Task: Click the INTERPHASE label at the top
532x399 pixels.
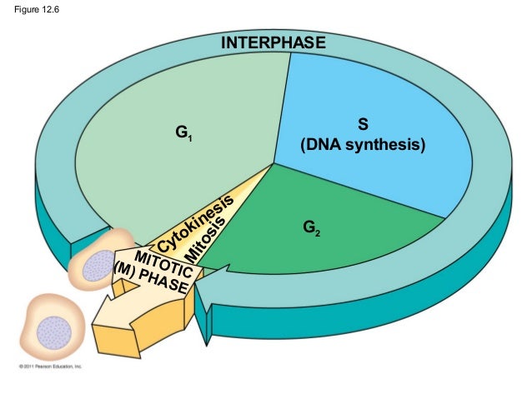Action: pyautogui.click(x=272, y=43)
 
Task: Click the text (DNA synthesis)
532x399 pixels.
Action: pyautogui.click(x=363, y=146)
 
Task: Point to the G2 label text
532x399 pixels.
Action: pyautogui.click(x=310, y=227)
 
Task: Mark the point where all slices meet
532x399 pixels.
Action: pyautogui.click(x=274, y=164)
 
